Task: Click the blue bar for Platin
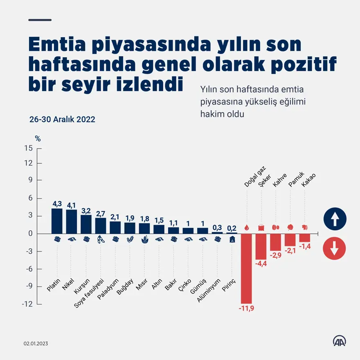pos(57,221)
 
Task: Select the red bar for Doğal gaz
pos(246,268)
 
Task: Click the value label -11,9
pos(246,308)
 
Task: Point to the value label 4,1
pos(71,205)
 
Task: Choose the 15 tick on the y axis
pos(28,148)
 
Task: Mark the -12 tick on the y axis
pos(27,304)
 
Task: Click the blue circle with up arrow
pos(334,219)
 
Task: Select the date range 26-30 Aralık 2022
pos(62,119)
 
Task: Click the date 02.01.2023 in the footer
pos(36,344)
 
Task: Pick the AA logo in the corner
pos(339,342)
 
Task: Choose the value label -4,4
pos(261,264)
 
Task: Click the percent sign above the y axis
pos(38,139)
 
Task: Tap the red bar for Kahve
pos(276,242)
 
